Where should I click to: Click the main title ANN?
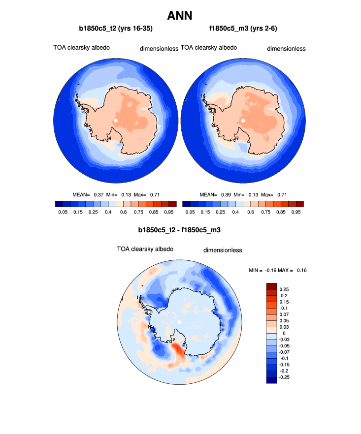coord(180,15)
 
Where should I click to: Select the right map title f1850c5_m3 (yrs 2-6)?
coord(243,29)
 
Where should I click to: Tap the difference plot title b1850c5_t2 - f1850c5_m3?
coord(180,230)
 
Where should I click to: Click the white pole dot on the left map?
coord(116,120)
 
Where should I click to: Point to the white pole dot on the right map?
coord(243,120)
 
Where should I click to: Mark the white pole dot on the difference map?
coord(180,322)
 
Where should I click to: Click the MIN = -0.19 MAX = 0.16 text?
coord(279,271)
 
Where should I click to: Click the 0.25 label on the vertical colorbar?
coord(284,289)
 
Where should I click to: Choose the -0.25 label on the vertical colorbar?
coord(285,376)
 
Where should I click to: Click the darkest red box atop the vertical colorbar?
coord(271,286)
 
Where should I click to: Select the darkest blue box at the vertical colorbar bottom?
coord(271,379)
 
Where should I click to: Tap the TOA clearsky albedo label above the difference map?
coord(145,249)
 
